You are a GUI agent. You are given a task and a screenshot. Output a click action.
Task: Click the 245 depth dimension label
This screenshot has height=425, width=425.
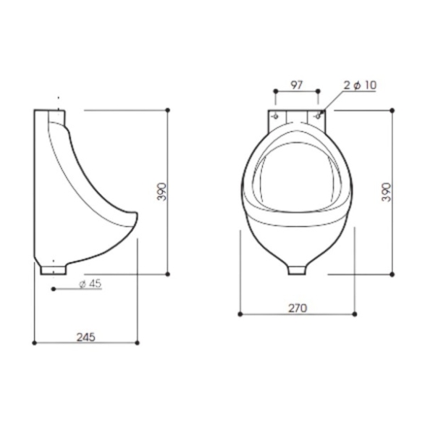86,337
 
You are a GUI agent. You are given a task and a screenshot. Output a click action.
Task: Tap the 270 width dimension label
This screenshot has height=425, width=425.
298,308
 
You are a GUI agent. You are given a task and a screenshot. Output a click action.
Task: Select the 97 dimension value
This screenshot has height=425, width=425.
296,85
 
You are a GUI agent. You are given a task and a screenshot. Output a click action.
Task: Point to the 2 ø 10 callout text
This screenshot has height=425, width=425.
360,85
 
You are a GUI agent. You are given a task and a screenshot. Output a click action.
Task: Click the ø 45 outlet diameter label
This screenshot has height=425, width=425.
90,284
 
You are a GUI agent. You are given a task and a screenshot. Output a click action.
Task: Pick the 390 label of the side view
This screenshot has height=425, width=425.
161,192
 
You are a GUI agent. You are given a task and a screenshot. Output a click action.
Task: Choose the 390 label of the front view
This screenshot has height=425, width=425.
387,192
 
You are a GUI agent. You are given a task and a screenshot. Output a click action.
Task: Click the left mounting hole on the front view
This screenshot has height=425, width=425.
276,117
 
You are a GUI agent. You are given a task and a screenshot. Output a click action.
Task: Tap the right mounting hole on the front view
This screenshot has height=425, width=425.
319,117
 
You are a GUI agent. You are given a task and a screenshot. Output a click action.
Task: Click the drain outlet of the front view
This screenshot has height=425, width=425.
297,270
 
